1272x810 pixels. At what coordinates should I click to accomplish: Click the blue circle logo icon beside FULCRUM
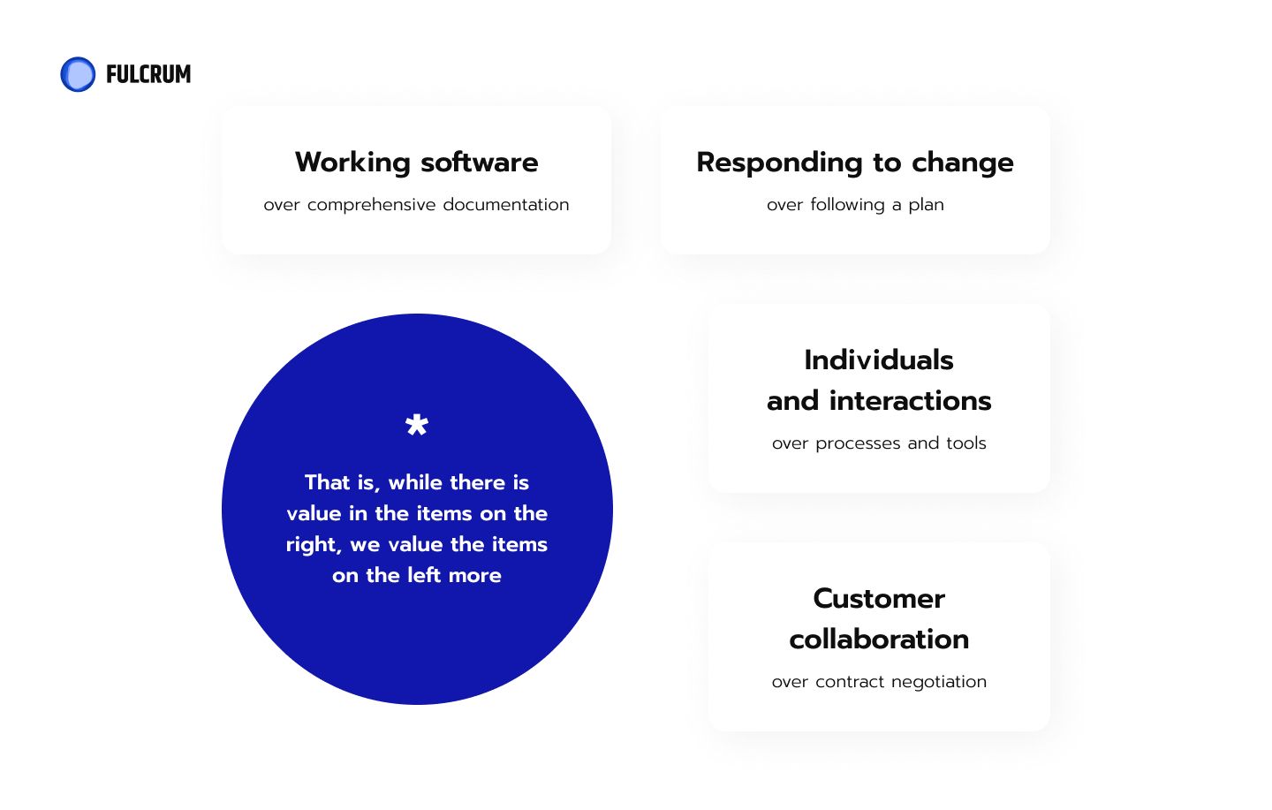coord(78,74)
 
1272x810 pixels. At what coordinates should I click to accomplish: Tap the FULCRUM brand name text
coord(148,74)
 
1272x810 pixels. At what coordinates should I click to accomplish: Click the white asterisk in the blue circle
coord(417,425)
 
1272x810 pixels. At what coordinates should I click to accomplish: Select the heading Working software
coord(417,163)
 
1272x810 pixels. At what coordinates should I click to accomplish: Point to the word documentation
coord(506,205)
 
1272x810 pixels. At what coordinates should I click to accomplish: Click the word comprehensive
coord(371,206)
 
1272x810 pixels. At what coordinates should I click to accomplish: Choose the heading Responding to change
coord(855,163)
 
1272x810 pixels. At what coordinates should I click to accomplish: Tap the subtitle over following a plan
coord(855,205)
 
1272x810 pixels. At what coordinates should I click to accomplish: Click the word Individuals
coord(879,360)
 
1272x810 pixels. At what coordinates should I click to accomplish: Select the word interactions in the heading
coord(910,401)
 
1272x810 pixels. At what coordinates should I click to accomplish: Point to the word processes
coord(858,443)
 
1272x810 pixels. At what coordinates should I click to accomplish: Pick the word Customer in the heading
coord(879,599)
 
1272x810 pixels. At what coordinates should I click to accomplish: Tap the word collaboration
coord(879,640)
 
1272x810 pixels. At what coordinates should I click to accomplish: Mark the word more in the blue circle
coord(474,577)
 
